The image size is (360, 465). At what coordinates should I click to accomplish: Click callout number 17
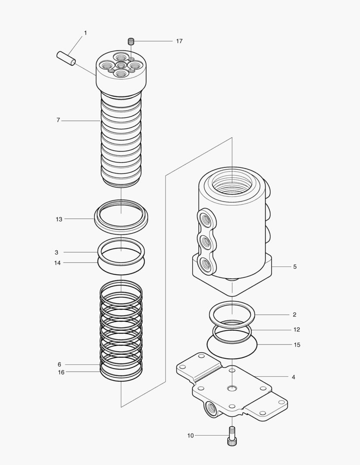click(x=179, y=41)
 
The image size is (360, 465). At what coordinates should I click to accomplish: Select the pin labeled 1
click(x=66, y=58)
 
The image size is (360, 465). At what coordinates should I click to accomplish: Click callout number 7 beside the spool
click(x=58, y=121)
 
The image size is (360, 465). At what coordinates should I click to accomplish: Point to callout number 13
click(x=59, y=219)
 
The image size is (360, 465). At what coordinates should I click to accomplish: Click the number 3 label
click(x=56, y=252)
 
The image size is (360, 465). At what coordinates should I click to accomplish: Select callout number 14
click(x=57, y=263)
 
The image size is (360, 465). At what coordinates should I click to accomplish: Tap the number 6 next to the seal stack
click(x=59, y=364)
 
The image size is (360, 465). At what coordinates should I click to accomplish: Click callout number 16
click(x=61, y=372)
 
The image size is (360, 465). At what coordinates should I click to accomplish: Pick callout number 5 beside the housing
click(x=295, y=267)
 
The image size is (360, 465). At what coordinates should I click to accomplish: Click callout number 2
click(x=294, y=315)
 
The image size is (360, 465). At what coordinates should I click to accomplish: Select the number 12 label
click(x=297, y=330)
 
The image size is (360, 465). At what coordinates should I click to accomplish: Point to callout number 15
click(x=297, y=345)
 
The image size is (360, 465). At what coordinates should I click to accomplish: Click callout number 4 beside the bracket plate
click(x=293, y=377)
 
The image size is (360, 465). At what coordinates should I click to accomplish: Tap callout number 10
click(x=191, y=436)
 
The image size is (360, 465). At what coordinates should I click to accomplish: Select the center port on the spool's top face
click(x=121, y=65)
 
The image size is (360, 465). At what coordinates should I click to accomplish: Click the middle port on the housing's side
click(x=206, y=242)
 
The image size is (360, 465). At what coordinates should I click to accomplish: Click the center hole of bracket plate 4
click(x=232, y=388)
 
